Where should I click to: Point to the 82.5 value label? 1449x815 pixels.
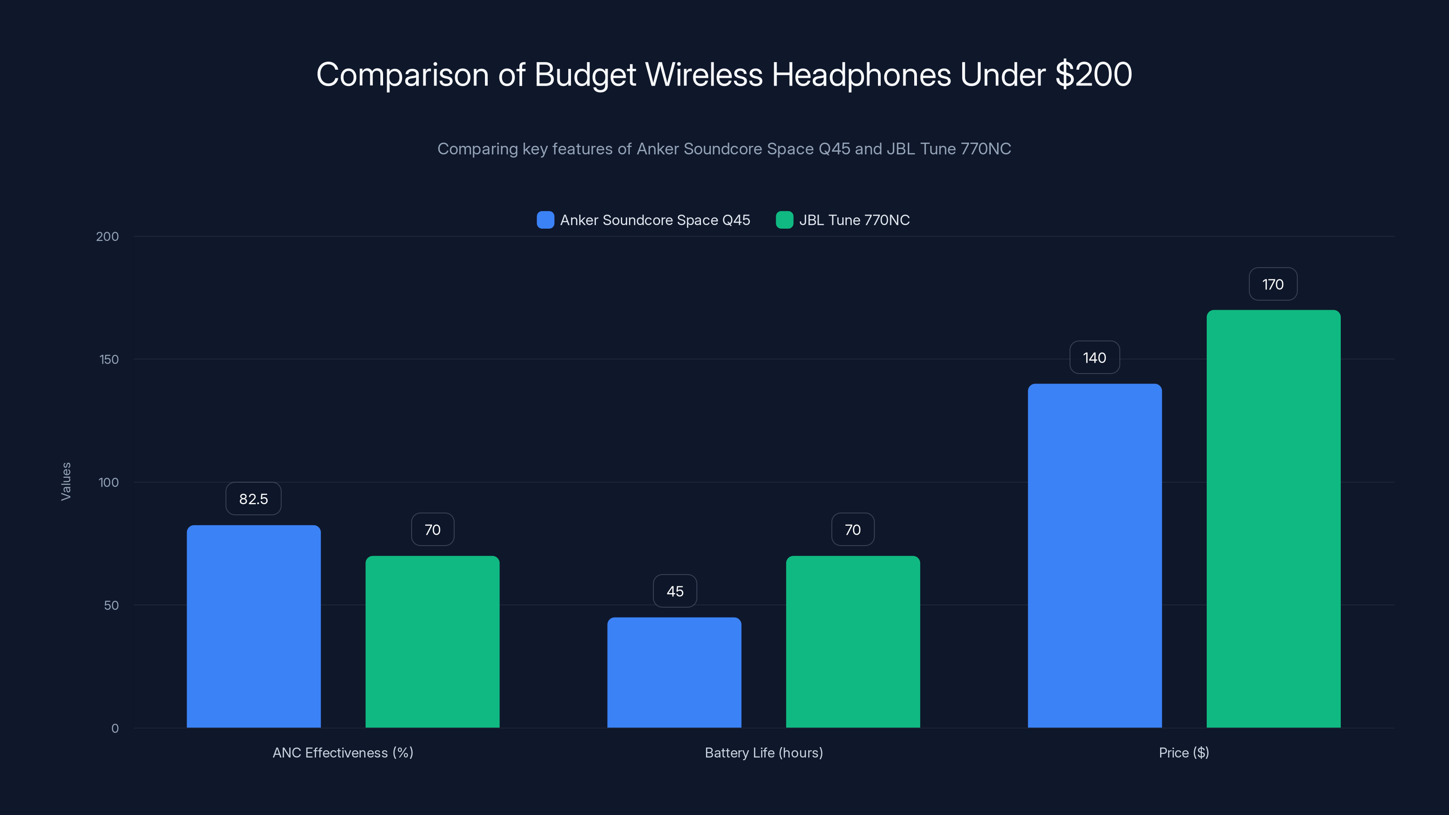point(254,499)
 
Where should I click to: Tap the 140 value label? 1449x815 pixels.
point(1094,358)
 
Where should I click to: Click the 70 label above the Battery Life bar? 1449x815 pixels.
point(853,530)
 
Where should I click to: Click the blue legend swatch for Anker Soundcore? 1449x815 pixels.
point(545,220)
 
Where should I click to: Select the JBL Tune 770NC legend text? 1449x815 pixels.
point(854,220)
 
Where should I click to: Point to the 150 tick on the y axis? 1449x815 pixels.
point(109,360)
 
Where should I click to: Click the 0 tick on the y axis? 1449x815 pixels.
point(115,729)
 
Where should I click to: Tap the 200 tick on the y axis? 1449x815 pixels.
point(107,237)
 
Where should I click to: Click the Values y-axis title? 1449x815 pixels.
point(66,481)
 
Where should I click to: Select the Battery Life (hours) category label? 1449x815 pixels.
point(763,753)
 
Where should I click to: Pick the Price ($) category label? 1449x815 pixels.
point(1184,753)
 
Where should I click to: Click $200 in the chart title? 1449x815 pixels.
point(1093,74)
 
